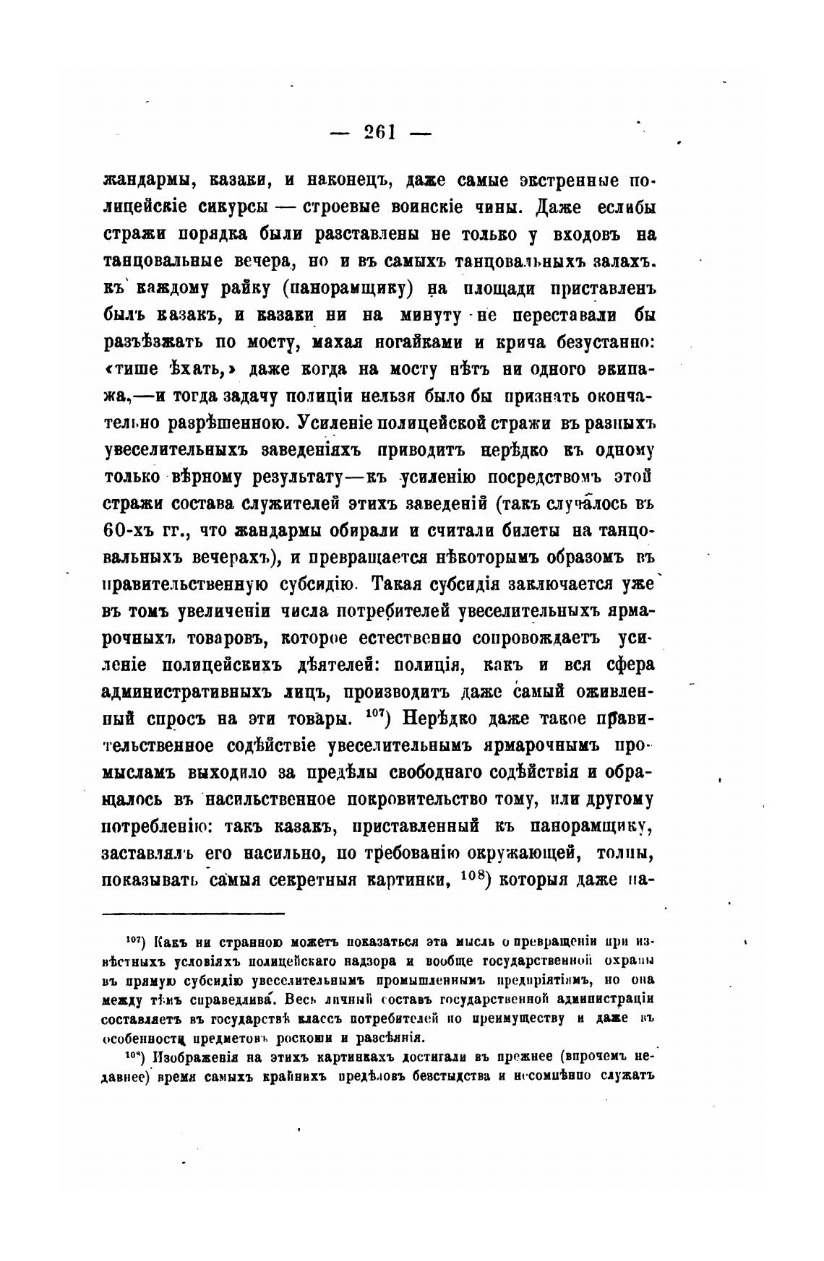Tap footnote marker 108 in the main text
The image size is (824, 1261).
[x=477, y=877]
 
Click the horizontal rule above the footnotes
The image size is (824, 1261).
[x=194, y=913]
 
